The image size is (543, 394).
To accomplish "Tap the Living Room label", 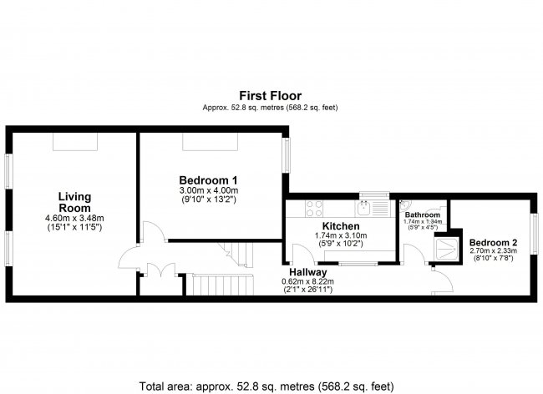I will click(74, 202).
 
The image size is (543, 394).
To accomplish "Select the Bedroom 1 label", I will click(209, 179).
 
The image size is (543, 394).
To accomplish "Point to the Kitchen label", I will click(340, 226).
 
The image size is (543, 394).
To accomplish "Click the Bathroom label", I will click(422, 214).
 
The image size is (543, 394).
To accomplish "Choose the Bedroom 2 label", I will click(492, 243).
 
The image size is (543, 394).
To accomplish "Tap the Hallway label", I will click(307, 272).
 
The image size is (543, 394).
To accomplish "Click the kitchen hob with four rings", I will click(317, 208).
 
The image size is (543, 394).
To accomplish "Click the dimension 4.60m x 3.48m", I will click(74, 219).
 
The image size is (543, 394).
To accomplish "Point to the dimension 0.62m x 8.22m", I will click(307, 281).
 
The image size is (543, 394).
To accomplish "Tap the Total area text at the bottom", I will click(270, 386).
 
